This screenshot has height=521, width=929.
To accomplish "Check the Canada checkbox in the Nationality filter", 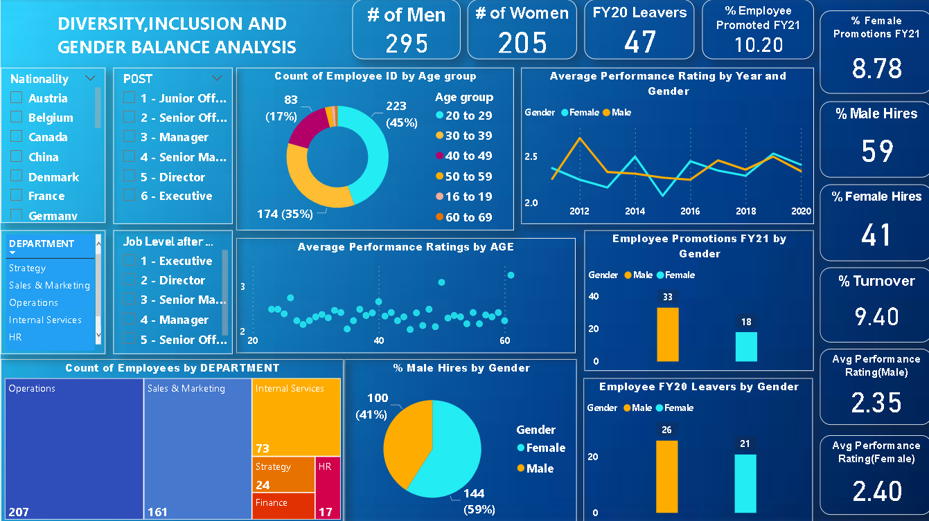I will click(x=16, y=137).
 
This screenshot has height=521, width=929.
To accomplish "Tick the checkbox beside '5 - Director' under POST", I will click(x=129, y=176).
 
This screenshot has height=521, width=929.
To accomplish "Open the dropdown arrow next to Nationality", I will click(x=90, y=79).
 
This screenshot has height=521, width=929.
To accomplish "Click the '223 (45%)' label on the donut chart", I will click(x=396, y=113).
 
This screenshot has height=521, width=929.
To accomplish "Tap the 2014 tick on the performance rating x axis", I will click(x=635, y=211).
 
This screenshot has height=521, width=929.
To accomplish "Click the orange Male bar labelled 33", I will click(x=668, y=334).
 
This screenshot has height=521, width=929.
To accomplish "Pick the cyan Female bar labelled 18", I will click(x=746, y=347).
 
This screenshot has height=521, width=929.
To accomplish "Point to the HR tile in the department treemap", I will click(x=328, y=487).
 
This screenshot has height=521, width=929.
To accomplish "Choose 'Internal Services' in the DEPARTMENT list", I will click(x=45, y=320).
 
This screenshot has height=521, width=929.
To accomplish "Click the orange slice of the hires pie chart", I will click(x=405, y=443).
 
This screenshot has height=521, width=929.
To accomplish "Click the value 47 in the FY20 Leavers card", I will click(x=639, y=42).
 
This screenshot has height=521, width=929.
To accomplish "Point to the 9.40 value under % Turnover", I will click(x=876, y=317).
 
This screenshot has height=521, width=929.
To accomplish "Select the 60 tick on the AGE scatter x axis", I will click(x=504, y=341).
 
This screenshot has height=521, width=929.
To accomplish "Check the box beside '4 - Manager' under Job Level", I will click(x=129, y=320).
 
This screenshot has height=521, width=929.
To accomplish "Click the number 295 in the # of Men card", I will click(x=407, y=44).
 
